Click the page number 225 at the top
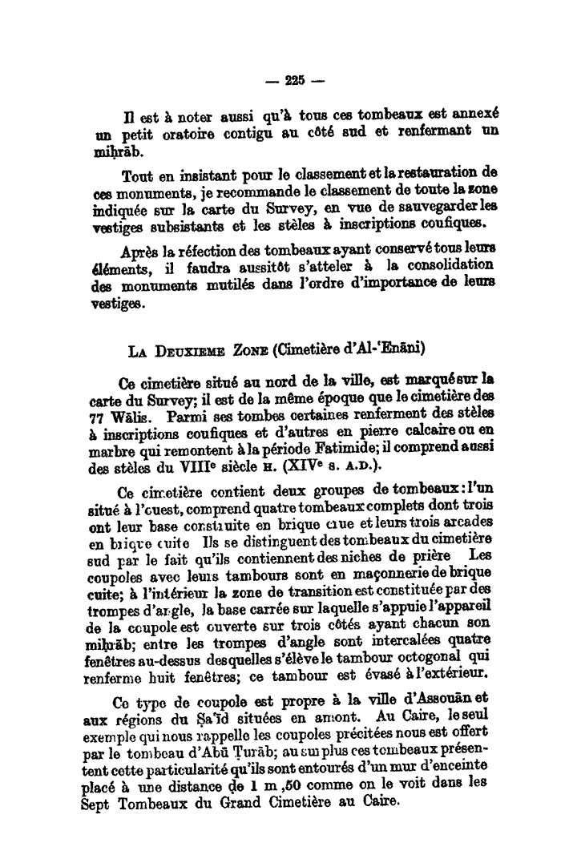click(294, 79)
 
